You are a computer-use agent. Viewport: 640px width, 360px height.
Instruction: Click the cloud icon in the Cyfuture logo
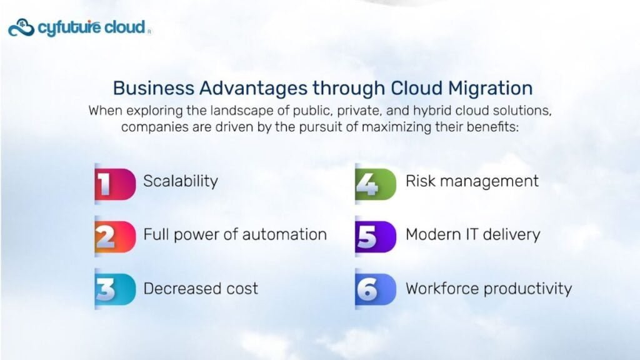[21, 27]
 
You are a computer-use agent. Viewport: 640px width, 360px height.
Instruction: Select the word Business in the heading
[154, 88]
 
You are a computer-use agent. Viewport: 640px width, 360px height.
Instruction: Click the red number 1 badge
[115, 184]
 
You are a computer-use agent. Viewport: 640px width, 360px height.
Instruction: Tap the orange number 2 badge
[115, 236]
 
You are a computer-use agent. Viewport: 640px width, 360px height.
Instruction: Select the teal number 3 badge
[115, 289]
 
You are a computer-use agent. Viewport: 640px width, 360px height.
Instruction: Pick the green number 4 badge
[375, 184]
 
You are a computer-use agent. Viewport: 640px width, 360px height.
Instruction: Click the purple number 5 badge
[375, 236]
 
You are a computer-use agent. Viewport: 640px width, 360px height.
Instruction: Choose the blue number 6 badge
[375, 289]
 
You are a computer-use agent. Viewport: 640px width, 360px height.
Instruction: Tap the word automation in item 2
[284, 235]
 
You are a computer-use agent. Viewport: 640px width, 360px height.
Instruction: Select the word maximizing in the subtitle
[391, 127]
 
